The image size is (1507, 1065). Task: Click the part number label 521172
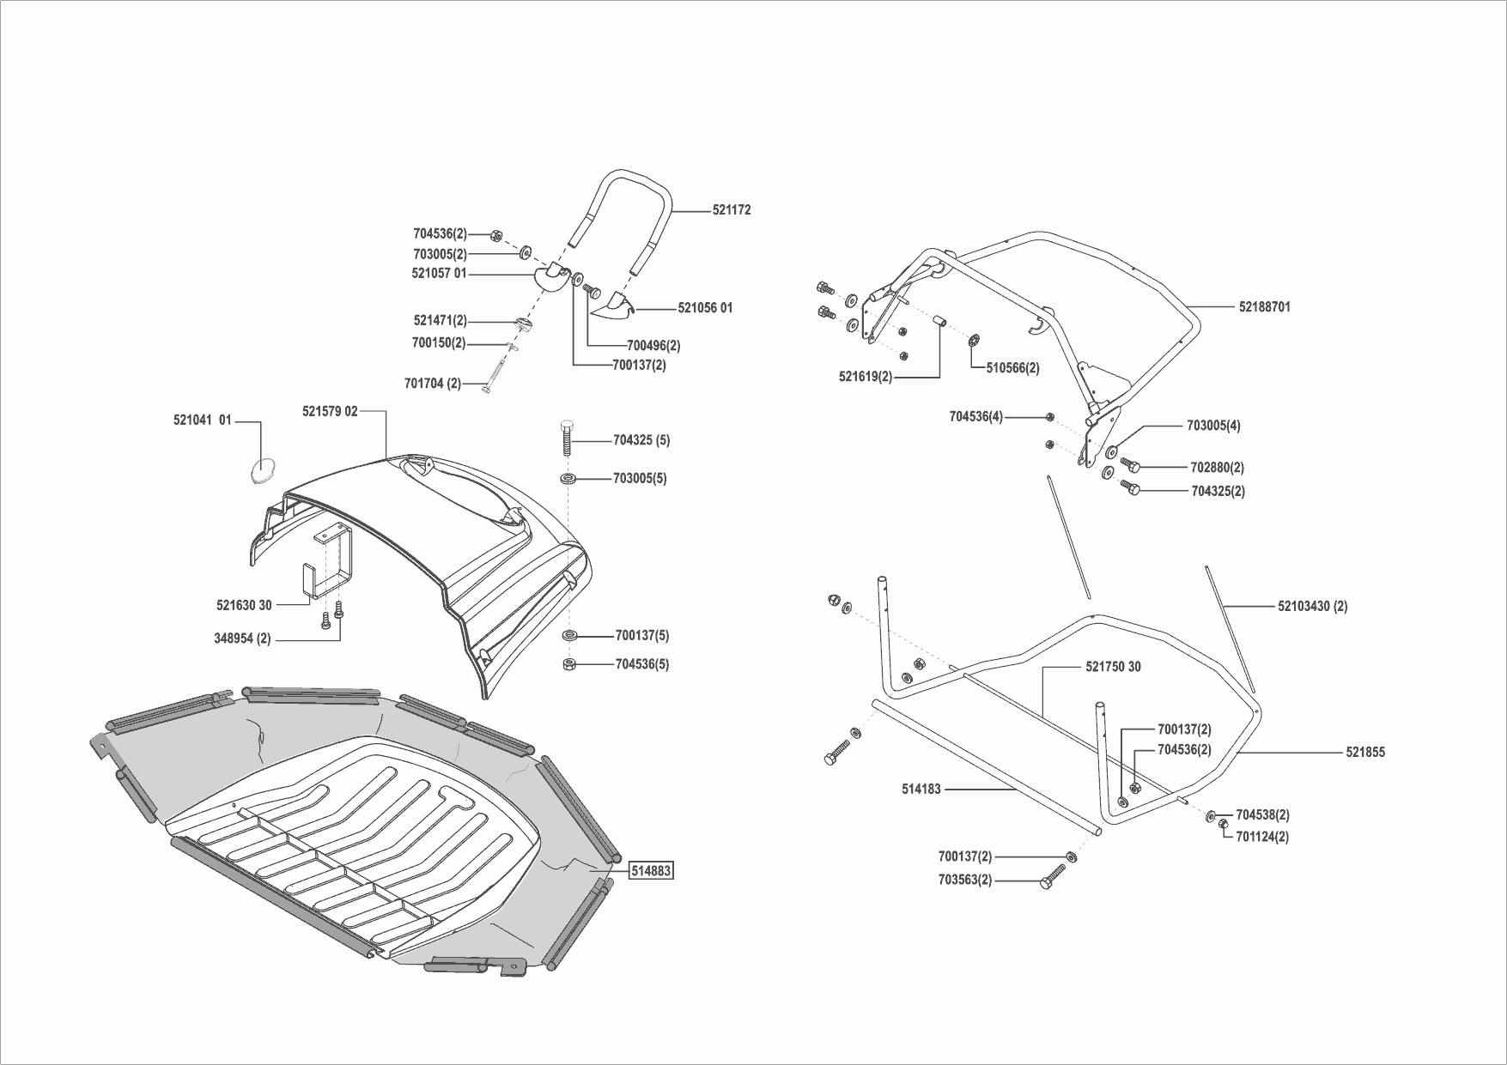pyautogui.click(x=731, y=209)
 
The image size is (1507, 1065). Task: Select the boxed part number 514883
pyautogui.click(x=651, y=871)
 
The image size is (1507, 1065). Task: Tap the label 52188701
pyautogui.click(x=1264, y=306)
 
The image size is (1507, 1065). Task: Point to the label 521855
pyautogui.click(x=1364, y=753)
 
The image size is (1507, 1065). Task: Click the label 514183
pyautogui.click(x=921, y=789)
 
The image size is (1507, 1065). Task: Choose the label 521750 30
pyautogui.click(x=1113, y=667)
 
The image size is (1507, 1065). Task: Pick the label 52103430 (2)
pyautogui.click(x=1312, y=606)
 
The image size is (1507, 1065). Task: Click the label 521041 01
pyautogui.click(x=203, y=421)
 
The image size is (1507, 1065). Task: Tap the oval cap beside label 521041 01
pyautogui.click(x=264, y=469)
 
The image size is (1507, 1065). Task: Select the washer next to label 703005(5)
pyautogui.click(x=568, y=478)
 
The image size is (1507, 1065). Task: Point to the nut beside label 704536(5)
pyautogui.click(x=568, y=664)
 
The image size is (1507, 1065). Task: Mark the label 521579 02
pyautogui.click(x=330, y=411)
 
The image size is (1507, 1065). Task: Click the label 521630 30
pyautogui.click(x=244, y=605)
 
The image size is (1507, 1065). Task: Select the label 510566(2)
pyautogui.click(x=1012, y=367)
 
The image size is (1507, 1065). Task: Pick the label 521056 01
pyautogui.click(x=705, y=308)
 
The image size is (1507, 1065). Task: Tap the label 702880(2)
pyautogui.click(x=1217, y=468)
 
